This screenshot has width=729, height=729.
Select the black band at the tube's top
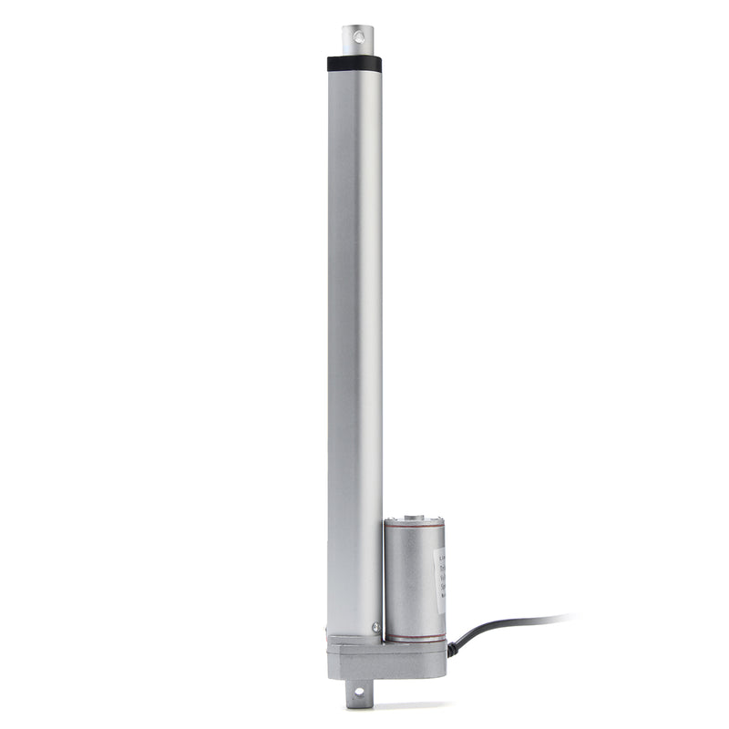click(354, 64)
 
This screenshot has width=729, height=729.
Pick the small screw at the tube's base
click(375, 626)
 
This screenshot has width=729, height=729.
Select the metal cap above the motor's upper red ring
click(415, 522)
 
